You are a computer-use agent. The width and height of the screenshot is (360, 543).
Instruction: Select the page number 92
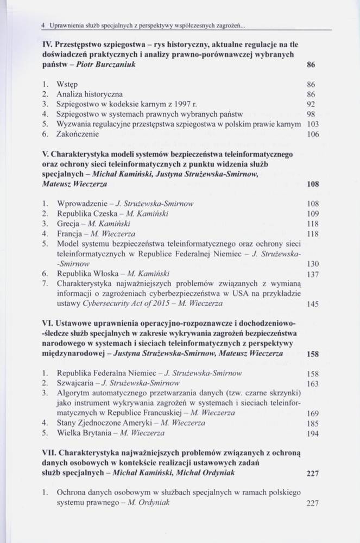(x=311, y=104)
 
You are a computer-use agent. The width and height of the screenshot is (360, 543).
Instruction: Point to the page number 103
(x=309, y=124)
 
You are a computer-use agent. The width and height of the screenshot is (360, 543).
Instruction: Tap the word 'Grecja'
(x=69, y=224)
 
